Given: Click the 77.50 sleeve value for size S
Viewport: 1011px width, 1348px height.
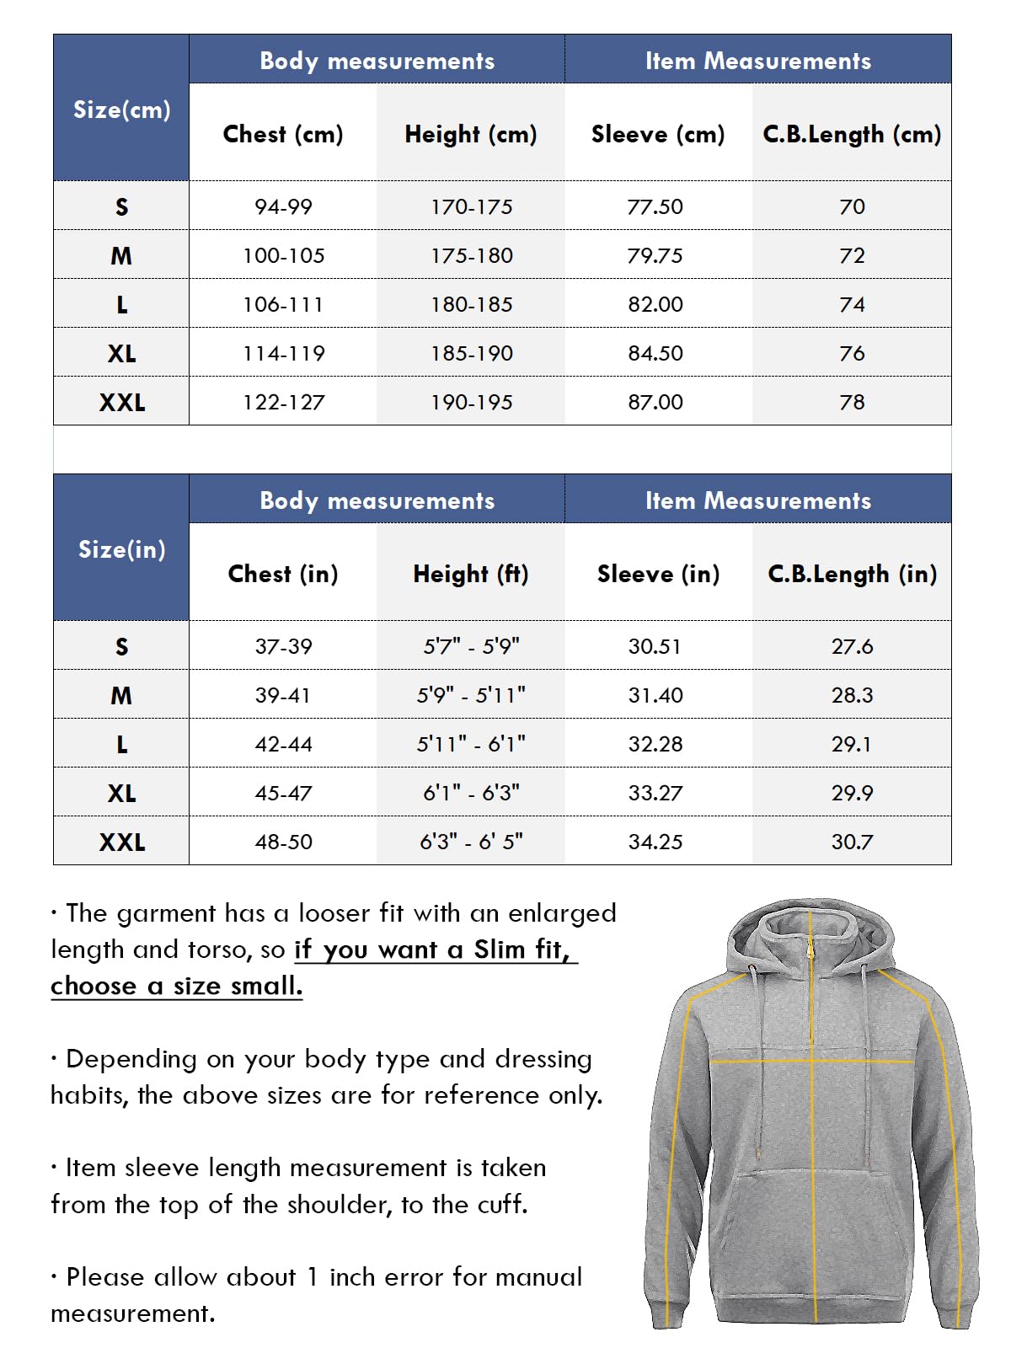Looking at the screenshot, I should (x=655, y=206).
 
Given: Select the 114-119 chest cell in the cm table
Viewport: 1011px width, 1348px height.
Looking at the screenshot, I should (x=283, y=353).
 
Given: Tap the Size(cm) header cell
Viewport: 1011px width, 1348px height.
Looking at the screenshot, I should (x=121, y=110).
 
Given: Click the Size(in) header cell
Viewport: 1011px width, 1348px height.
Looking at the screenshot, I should (x=121, y=549).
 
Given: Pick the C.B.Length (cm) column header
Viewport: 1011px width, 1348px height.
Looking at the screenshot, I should (x=851, y=134).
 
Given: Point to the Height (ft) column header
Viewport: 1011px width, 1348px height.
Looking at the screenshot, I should (x=470, y=574).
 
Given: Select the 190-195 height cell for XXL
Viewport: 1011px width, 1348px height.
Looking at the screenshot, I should (x=471, y=402).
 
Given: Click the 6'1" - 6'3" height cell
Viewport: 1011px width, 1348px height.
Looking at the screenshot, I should (x=471, y=793).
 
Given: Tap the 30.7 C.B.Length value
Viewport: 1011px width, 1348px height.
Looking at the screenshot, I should (x=852, y=842).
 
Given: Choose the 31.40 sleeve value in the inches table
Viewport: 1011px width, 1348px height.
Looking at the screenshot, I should (x=655, y=695).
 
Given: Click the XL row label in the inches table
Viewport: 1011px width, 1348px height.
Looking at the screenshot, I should (x=121, y=793).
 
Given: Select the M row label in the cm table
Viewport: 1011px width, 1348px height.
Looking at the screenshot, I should (x=121, y=255).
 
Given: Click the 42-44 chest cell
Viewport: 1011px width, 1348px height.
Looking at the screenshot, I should (x=283, y=744).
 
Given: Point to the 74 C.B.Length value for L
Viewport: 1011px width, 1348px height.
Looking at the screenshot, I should (x=852, y=304).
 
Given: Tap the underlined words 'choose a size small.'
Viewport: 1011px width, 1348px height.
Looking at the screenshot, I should (x=176, y=986).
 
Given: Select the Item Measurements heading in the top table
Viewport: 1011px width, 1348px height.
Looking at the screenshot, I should (x=757, y=61).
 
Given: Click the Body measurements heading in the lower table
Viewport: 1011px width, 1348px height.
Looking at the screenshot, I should (x=377, y=500).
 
